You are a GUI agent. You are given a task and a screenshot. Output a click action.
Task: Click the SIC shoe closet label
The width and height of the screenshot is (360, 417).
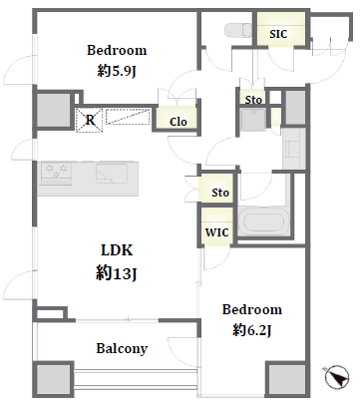click(278, 34)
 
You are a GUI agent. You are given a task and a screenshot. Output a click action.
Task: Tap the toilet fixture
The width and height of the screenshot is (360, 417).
click(238, 30)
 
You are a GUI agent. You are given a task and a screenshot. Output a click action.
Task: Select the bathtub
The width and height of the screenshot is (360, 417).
click(264, 221)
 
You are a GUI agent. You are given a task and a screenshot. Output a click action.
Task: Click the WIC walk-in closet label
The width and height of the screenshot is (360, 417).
click(216, 232)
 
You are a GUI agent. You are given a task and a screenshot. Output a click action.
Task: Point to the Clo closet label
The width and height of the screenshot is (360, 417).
click(179, 122)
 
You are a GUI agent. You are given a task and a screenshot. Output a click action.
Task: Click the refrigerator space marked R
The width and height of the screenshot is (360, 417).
click(90, 120)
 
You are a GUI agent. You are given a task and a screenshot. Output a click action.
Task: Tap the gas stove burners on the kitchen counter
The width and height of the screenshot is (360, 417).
click(56, 172)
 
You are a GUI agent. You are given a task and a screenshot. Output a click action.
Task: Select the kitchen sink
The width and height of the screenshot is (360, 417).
click(112, 174)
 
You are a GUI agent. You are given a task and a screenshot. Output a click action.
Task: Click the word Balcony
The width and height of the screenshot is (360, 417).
click(122, 348)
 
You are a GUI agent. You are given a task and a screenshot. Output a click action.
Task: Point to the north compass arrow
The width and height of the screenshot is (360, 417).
click(337, 377)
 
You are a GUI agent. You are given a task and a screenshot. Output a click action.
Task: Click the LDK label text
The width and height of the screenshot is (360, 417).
click(117, 250)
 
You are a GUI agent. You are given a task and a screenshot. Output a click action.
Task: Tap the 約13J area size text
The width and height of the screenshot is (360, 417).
click(117, 274)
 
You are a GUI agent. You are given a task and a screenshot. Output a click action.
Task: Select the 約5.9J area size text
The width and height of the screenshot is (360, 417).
click(117, 71)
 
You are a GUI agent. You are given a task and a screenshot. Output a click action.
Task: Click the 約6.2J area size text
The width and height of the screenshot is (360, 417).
click(252, 330)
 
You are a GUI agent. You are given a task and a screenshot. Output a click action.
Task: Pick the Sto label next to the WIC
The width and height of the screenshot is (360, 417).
click(220, 193)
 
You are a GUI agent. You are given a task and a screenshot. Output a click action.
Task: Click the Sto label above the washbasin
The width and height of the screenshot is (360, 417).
click(253, 100)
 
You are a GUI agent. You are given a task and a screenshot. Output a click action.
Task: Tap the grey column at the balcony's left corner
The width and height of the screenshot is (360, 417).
click(53, 379)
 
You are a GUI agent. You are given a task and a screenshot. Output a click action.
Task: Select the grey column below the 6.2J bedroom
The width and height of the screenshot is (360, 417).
click(286, 379)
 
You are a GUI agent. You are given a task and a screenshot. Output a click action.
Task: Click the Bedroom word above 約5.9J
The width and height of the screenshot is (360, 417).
click(117, 50)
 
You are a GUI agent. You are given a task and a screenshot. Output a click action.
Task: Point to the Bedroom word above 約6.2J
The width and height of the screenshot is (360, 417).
click(252, 309)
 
